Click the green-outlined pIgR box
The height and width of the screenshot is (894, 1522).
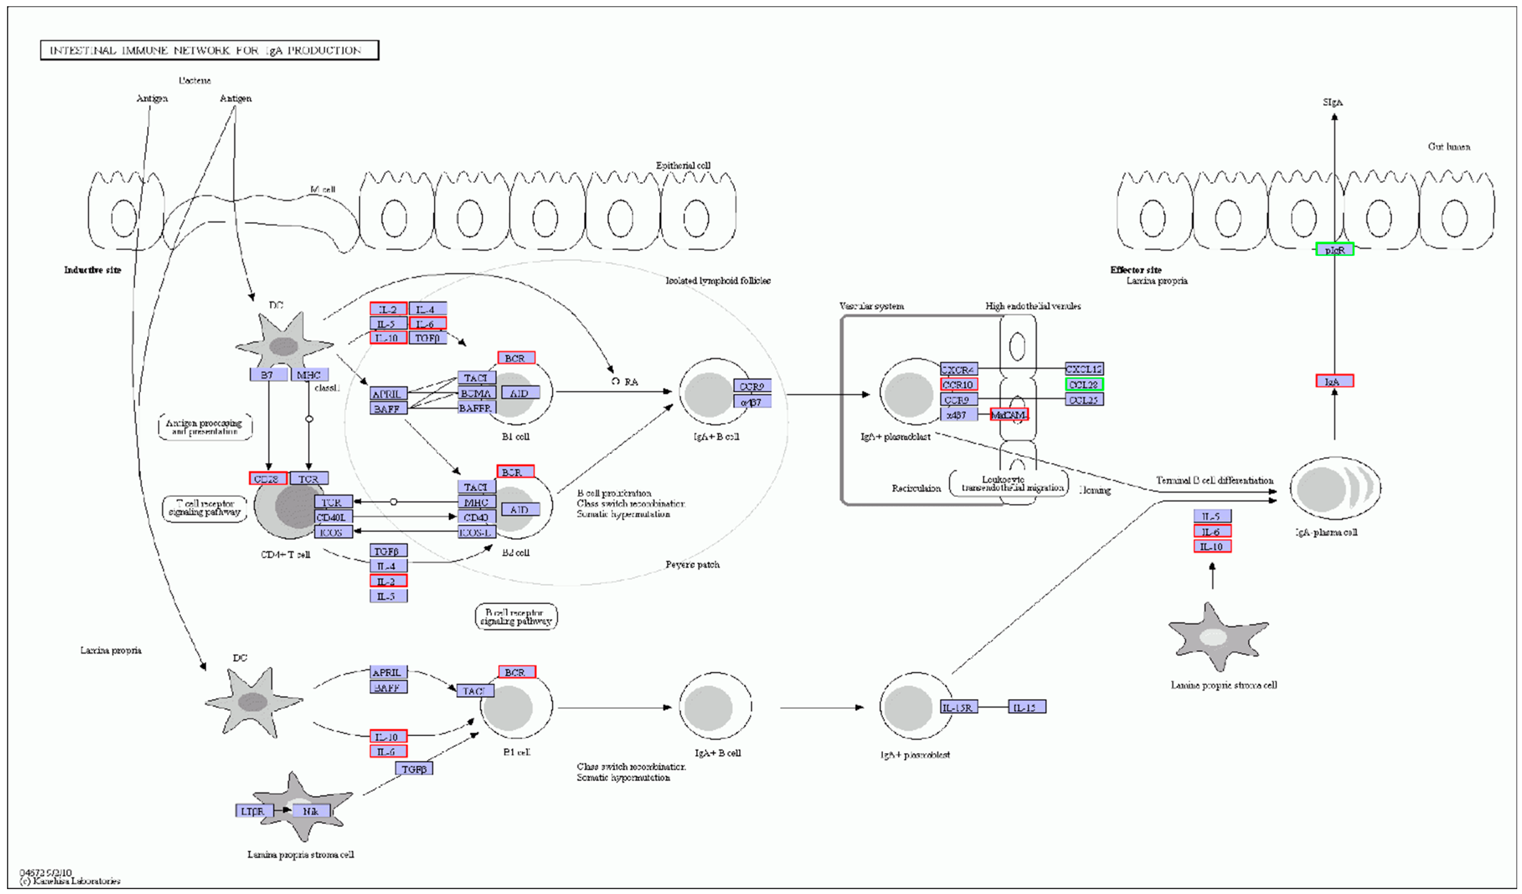(x=1334, y=250)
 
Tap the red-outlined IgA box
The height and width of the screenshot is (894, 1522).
(x=1334, y=381)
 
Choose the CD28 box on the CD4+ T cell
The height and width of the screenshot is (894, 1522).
(x=268, y=478)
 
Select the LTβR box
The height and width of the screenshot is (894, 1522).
(x=253, y=811)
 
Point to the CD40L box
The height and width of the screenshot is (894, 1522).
(x=332, y=517)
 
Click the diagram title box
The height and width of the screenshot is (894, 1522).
(x=209, y=50)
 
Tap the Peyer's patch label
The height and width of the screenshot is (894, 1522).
(x=692, y=564)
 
